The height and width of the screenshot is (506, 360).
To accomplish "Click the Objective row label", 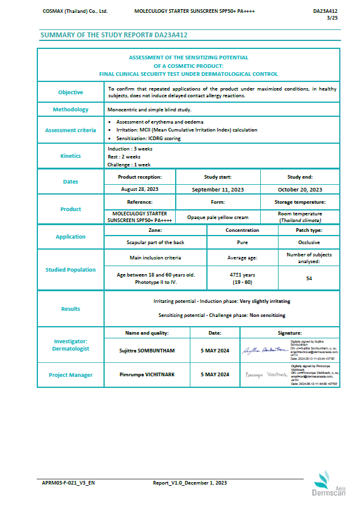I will tap(70, 92).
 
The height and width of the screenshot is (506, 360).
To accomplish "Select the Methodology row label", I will tap(70, 110).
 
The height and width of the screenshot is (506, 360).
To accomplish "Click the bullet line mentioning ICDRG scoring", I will tap(148, 138).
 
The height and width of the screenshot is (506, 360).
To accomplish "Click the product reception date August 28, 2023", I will tap(140, 190).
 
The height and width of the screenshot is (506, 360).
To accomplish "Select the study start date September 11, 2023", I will tap(218, 190).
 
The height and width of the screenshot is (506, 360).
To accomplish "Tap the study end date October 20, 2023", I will tap(300, 190).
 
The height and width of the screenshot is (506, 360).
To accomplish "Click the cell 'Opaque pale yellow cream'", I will tap(218, 217).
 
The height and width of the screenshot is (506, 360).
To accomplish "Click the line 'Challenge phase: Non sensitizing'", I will tap(222, 315).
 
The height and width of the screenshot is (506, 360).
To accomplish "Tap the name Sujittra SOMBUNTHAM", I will tap(147, 350).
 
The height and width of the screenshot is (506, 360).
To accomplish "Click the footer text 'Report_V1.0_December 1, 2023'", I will tap(190, 483).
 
